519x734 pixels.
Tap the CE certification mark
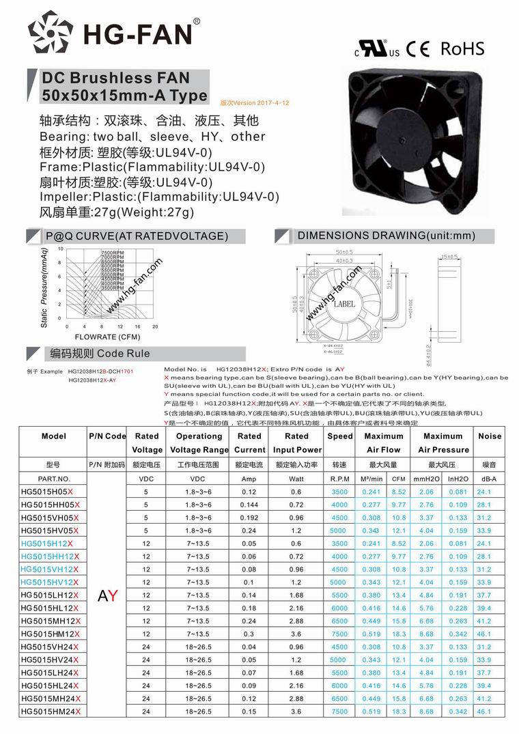(x=418, y=49)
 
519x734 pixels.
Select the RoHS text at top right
(x=462, y=48)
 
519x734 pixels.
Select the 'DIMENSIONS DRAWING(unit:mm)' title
(x=386, y=236)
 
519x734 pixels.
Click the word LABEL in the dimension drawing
(x=344, y=304)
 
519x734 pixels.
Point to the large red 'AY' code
(x=108, y=595)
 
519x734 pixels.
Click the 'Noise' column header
(x=489, y=436)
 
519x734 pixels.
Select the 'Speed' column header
(x=339, y=436)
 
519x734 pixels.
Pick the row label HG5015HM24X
(x=51, y=711)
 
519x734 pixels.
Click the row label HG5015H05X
(x=47, y=491)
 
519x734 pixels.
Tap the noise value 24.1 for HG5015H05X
(x=484, y=491)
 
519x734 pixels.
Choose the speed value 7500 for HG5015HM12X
(x=339, y=634)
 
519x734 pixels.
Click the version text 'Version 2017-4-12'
(x=255, y=102)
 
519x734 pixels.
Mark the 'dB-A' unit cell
(x=489, y=479)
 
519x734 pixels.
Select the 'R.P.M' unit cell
(x=339, y=479)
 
